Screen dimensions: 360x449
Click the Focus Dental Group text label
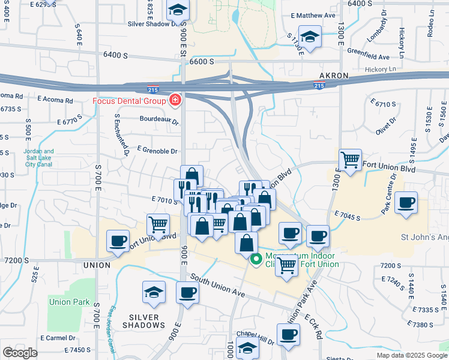point(129,100)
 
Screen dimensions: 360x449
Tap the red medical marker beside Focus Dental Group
point(175,100)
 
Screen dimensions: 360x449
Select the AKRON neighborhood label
point(333,76)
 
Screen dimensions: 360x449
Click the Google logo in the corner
point(20,353)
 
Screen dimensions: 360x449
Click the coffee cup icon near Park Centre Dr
point(406,203)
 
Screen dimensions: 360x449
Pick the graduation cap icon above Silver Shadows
point(154,292)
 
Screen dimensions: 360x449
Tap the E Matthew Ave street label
point(312,16)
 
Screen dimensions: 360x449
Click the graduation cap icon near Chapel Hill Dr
point(247,347)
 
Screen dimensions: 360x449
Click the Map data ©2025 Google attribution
point(411,355)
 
